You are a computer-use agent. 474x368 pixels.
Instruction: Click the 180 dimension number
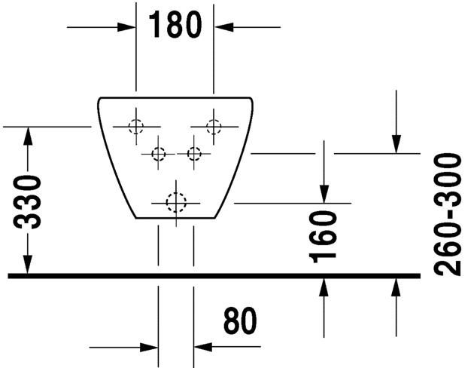tap(175, 25)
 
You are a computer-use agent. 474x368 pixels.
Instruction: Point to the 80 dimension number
tap(240, 323)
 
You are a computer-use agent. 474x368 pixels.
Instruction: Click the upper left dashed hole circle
tap(135, 127)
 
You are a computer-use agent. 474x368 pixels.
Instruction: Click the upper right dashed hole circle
tap(214, 127)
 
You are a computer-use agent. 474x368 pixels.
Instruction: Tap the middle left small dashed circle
tap(158, 154)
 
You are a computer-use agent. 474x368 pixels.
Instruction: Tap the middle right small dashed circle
tap(194, 154)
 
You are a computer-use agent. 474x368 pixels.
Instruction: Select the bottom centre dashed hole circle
tap(175, 202)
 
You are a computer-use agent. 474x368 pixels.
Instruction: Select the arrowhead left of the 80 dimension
tap(149, 347)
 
